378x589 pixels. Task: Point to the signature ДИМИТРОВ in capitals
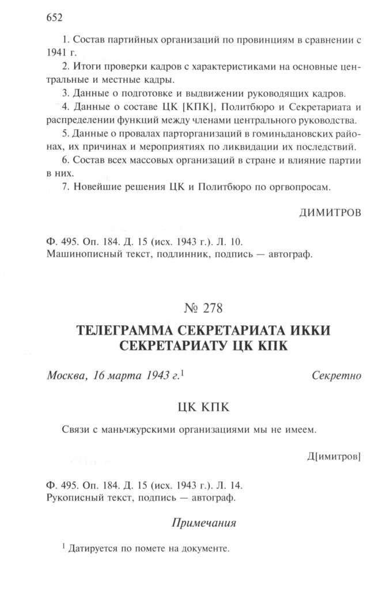[x=330, y=213]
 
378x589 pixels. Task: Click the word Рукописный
[x=71, y=496]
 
